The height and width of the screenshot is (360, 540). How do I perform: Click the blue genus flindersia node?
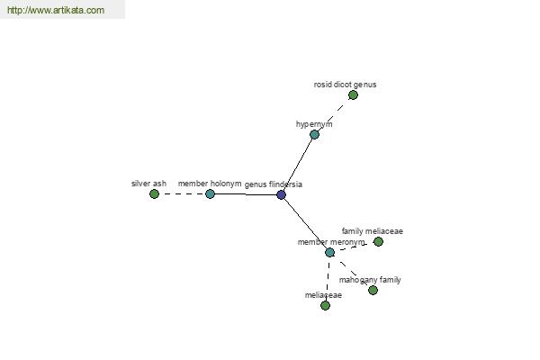tap(281, 195)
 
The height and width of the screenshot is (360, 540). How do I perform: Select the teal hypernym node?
tap(314, 134)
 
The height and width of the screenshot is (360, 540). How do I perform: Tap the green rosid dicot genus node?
tap(353, 95)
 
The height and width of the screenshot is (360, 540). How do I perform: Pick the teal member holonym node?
tap(210, 194)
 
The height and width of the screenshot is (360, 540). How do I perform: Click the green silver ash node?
tap(154, 194)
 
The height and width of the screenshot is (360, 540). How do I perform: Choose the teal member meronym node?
tap(330, 253)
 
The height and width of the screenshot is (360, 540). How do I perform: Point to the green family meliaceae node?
tap(379, 242)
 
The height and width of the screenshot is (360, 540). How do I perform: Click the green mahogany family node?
tap(373, 291)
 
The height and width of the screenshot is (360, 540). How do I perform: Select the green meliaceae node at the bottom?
tap(325, 306)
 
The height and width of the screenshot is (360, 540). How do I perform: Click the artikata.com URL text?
tap(56, 10)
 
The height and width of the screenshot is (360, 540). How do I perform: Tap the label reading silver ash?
tap(148, 184)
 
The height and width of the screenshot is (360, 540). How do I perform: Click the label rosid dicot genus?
tap(345, 85)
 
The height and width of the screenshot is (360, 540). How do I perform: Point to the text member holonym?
tap(210, 184)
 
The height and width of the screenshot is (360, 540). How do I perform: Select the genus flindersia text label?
tap(274, 184)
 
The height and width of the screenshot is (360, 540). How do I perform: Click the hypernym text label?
tap(314, 124)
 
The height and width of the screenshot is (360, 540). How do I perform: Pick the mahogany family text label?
tap(370, 280)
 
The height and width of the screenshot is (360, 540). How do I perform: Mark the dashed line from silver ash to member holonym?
tap(182, 194)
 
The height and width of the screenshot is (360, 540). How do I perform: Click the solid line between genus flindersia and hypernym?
tap(298, 165)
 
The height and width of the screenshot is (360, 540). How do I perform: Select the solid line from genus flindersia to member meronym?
tap(305, 223)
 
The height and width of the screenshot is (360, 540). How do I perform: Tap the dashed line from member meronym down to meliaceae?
tap(328, 279)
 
